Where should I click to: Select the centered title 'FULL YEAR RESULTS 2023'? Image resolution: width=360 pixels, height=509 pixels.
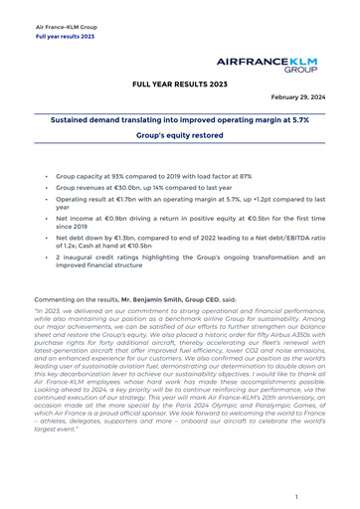[180, 86]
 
